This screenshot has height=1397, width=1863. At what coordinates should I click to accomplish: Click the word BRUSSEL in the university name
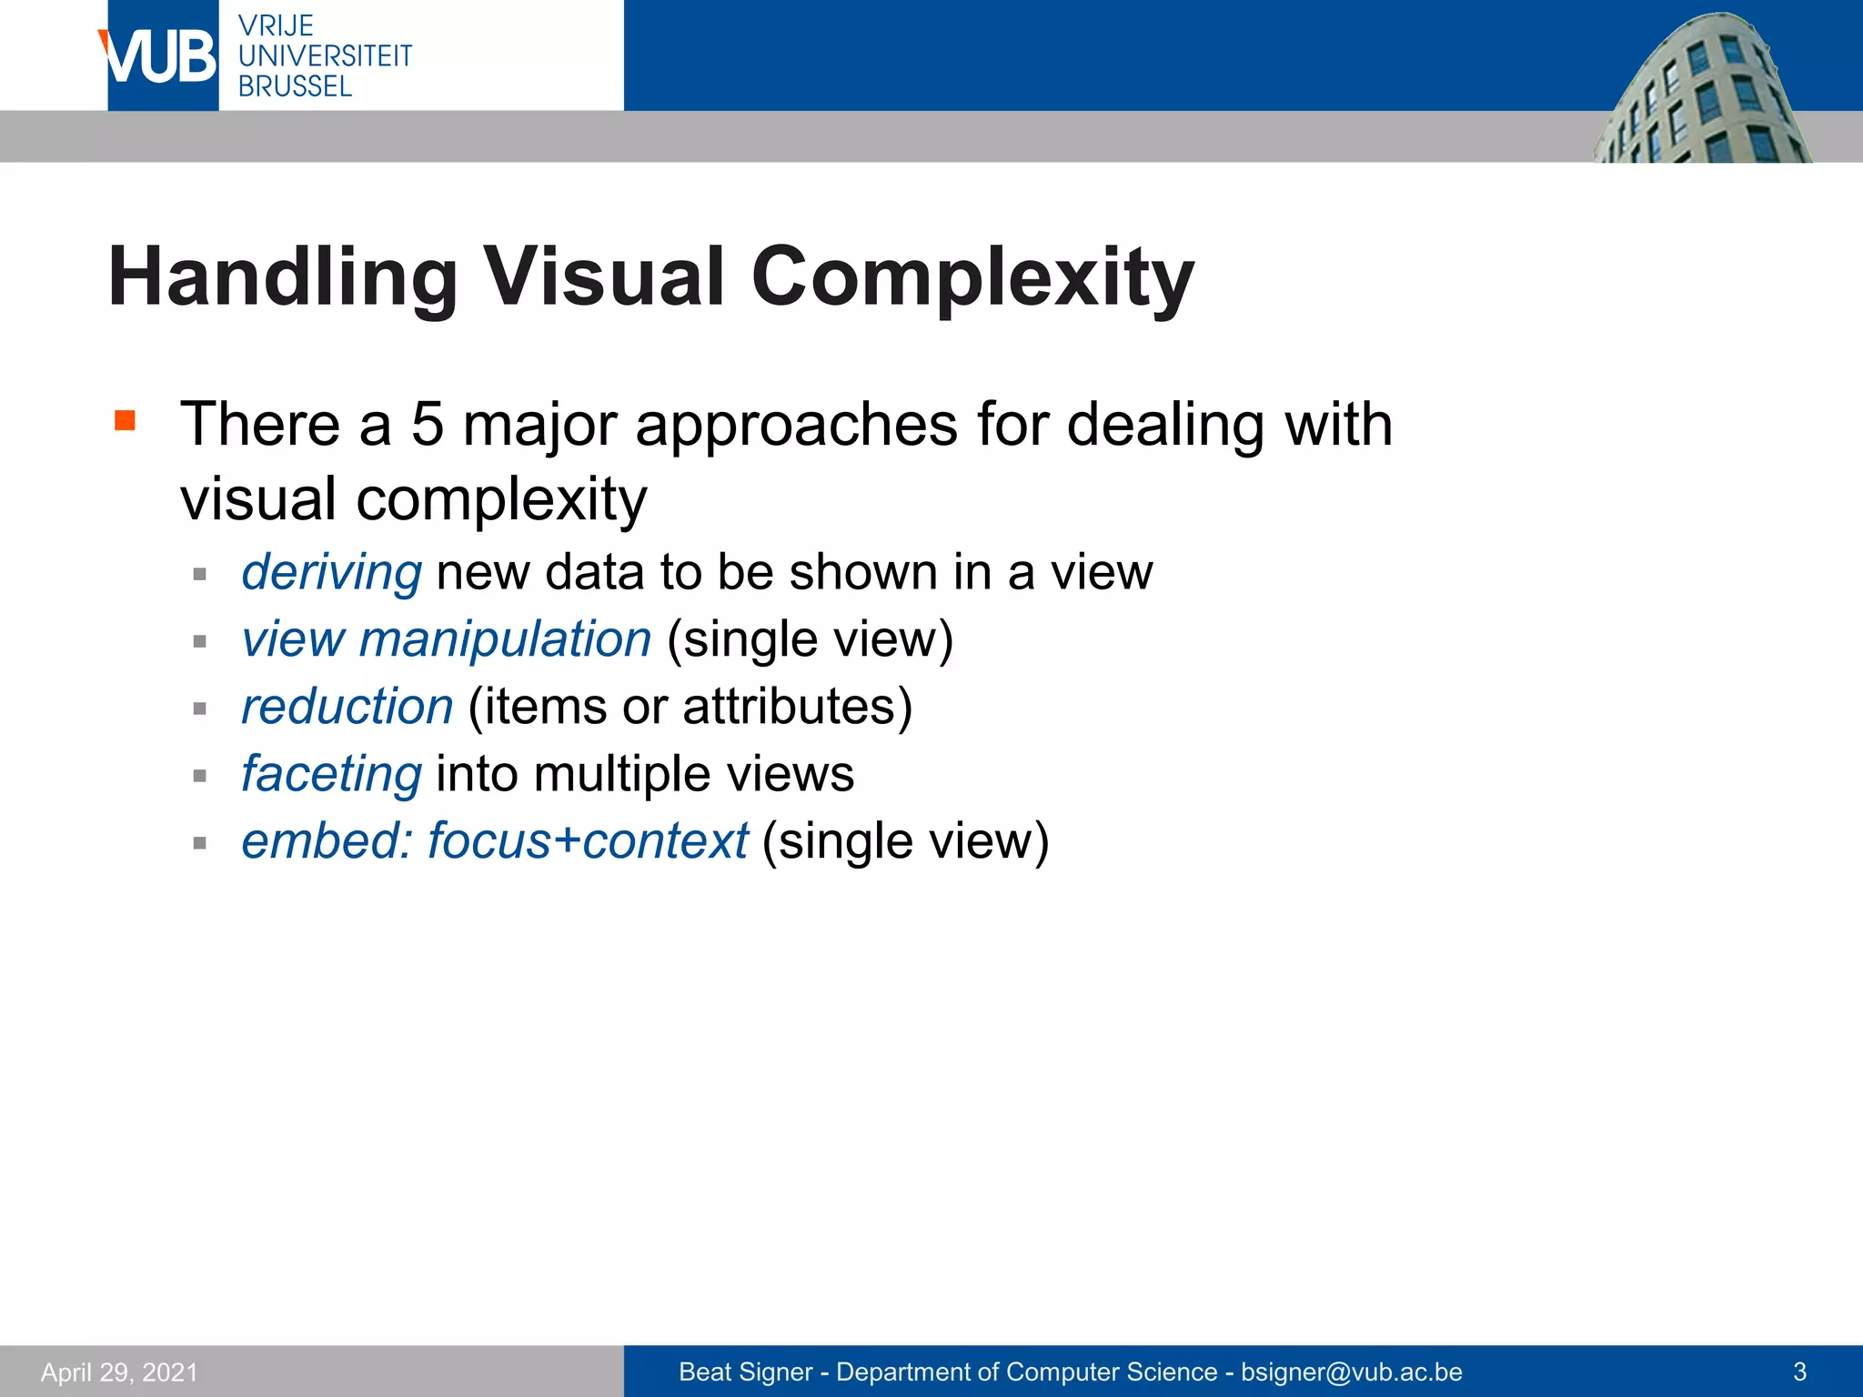[x=295, y=86]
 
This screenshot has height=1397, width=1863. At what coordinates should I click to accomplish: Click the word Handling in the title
[x=283, y=277]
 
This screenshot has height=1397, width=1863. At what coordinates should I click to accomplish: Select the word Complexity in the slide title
[x=972, y=277]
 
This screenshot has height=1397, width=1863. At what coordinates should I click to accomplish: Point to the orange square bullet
[x=125, y=420]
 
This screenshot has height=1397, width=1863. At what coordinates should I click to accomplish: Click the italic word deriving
[x=331, y=572]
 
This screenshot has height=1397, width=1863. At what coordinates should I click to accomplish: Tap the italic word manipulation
[x=505, y=638]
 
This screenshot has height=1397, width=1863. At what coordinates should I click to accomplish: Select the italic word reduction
[x=347, y=706]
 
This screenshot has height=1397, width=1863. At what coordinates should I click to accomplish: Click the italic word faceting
[x=331, y=774]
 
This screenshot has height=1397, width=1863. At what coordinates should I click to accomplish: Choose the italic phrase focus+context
[x=588, y=840]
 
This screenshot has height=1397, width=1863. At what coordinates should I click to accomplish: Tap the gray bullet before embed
[x=200, y=843]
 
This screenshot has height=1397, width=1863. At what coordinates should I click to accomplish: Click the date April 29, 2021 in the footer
[x=119, y=1372]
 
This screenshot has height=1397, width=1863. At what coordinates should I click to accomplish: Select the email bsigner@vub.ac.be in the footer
[x=1352, y=1372]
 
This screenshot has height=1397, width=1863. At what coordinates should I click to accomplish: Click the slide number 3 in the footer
[x=1799, y=1372]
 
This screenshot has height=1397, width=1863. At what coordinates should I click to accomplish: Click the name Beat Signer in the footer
[x=745, y=1372]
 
